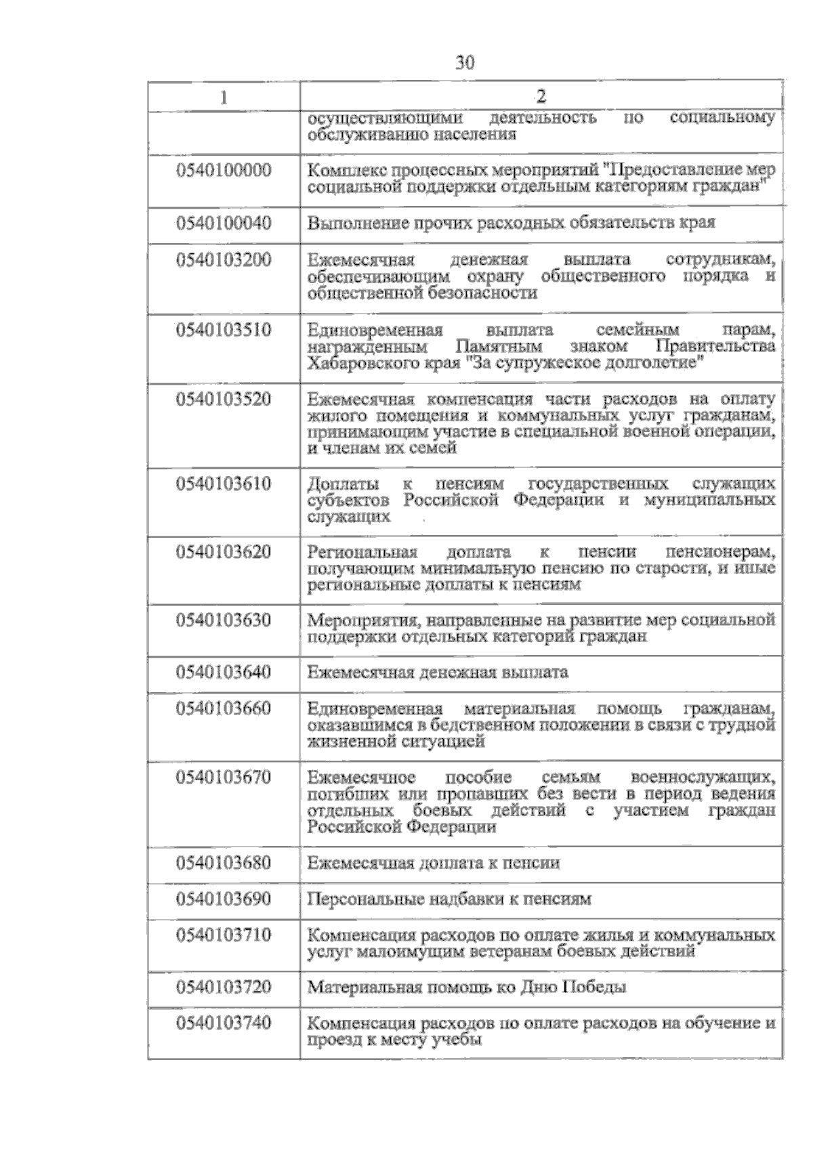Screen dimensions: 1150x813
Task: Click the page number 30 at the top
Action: pos(465,63)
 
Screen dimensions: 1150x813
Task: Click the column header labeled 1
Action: pos(224,97)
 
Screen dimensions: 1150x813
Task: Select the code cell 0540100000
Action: pos(224,170)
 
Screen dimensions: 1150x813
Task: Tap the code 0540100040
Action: pos(224,223)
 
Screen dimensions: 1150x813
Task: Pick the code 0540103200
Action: pos(224,259)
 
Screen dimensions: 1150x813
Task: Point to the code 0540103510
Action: pos(224,330)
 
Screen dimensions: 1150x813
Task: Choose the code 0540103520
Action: pos(224,399)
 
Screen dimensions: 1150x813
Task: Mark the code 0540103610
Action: pos(224,484)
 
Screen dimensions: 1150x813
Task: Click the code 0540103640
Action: pos(224,672)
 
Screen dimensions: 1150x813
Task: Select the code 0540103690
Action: pos(224,899)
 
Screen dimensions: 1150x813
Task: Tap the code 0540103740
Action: pos(224,1022)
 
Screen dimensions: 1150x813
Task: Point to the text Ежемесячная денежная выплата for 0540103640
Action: pos(438,673)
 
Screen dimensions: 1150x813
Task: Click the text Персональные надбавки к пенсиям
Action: pos(449,899)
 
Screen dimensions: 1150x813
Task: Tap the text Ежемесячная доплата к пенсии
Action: pos(434,863)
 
